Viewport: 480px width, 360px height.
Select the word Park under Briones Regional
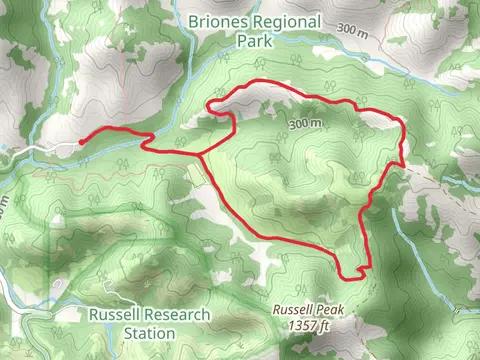(x=254, y=42)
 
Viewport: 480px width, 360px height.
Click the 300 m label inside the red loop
(x=305, y=123)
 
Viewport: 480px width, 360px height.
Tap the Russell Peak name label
(x=307, y=311)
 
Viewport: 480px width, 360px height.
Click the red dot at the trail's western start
(x=80, y=142)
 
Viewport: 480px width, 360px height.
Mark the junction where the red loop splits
(x=202, y=155)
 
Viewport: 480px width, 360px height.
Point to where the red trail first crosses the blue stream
(x=150, y=136)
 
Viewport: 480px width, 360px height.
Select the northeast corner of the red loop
(x=401, y=122)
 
